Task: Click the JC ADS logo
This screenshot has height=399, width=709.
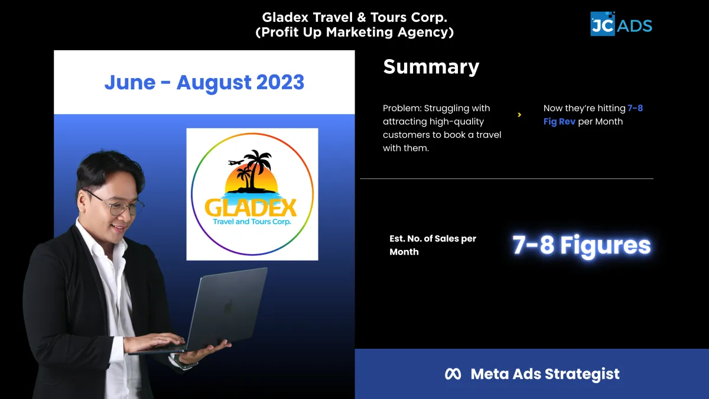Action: tap(621, 24)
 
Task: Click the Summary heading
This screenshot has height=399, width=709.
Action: tap(431, 67)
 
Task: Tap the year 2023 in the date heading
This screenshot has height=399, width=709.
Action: tap(280, 82)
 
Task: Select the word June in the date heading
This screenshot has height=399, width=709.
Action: tap(130, 82)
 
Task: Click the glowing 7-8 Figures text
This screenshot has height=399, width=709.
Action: tap(581, 245)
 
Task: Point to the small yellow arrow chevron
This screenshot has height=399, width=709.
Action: tap(519, 115)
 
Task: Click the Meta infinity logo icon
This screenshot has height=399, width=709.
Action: tap(453, 374)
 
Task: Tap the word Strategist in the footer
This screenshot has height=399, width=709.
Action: tap(582, 374)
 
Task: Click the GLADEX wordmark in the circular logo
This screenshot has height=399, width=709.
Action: tap(251, 207)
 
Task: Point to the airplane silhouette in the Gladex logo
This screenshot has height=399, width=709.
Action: tap(236, 163)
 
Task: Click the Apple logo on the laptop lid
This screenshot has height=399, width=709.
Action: tap(229, 307)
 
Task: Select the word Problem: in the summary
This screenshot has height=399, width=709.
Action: tap(402, 108)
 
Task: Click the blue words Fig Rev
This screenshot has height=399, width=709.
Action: tap(560, 122)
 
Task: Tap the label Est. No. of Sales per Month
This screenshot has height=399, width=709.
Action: tap(432, 245)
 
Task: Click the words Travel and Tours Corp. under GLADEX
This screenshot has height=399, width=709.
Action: tap(252, 222)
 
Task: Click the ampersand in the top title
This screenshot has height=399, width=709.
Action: tap(362, 17)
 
